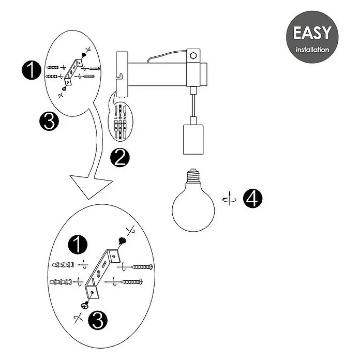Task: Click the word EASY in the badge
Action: (x=312, y=33)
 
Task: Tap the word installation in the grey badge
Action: (x=312, y=50)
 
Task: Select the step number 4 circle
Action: (x=253, y=199)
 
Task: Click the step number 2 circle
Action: (x=120, y=157)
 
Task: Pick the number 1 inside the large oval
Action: (x=78, y=245)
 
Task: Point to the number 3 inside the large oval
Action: (x=98, y=321)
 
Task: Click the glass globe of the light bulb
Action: (x=193, y=209)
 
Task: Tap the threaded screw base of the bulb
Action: (x=193, y=175)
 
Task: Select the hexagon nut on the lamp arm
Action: (x=193, y=55)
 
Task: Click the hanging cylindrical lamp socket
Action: (x=193, y=139)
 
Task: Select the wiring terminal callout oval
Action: (x=121, y=122)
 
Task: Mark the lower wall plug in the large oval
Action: (x=61, y=281)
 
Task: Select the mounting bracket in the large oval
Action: (x=102, y=273)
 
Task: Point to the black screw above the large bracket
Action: (x=123, y=242)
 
